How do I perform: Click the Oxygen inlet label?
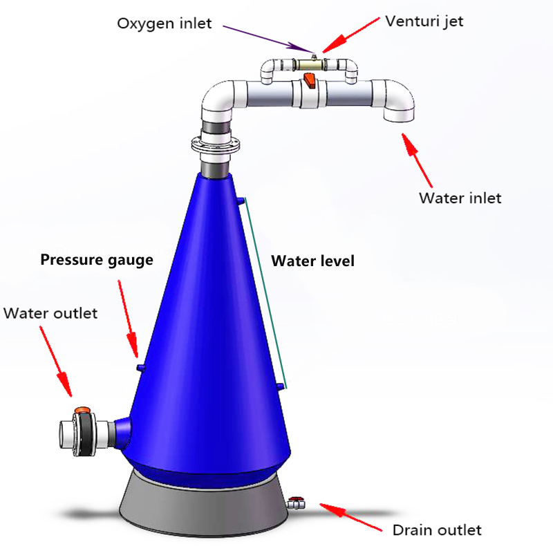click(x=164, y=23)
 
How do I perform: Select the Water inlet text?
click(x=460, y=198)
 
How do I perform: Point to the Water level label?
click(x=312, y=261)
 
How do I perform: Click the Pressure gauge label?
click(x=96, y=260)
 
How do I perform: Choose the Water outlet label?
click(x=50, y=313)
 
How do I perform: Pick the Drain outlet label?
click(x=436, y=530)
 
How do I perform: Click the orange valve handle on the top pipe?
click(x=309, y=82)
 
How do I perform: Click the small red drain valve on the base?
click(x=297, y=500)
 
